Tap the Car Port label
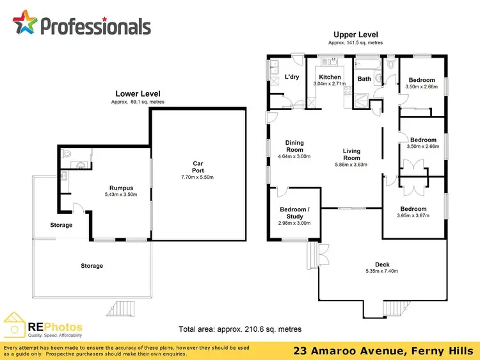click(198, 167)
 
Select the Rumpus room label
click(121, 188)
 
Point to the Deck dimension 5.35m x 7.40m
click(381, 271)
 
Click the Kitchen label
click(330, 77)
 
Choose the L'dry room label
click(291, 78)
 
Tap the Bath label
click(364, 79)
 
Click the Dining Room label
click(294, 146)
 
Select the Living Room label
click(351, 154)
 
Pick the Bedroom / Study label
click(294, 213)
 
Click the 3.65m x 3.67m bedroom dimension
click(413, 216)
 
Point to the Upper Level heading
click(355, 35)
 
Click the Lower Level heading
click(138, 94)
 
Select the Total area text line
click(240, 329)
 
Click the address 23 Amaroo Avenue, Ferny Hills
click(383, 350)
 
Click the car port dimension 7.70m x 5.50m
click(198, 177)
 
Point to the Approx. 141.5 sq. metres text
click(355, 42)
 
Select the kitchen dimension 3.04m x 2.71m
click(330, 84)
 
